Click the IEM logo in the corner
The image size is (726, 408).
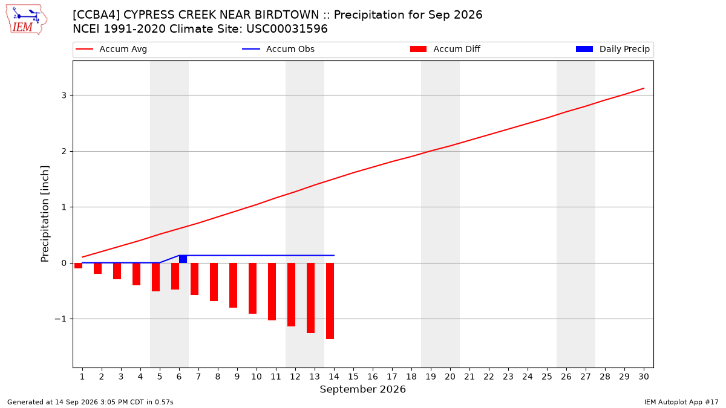click(26, 20)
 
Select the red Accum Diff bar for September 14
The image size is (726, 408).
click(330, 301)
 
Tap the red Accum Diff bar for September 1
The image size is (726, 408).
click(78, 265)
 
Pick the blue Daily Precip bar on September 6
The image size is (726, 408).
click(183, 259)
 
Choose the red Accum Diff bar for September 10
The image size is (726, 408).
click(252, 288)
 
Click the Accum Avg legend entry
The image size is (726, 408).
click(111, 49)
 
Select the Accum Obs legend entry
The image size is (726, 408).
click(278, 49)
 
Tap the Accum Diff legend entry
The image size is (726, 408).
click(445, 49)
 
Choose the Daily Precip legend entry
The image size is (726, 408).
click(612, 49)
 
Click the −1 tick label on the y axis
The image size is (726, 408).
click(60, 319)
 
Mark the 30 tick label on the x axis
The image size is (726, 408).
click(644, 377)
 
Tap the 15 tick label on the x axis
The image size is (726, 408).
click(353, 377)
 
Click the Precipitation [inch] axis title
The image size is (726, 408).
click(45, 214)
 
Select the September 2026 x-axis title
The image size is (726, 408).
click(362, 389)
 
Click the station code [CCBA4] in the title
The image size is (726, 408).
click(96, 15)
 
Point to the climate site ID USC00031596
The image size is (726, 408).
click(287, 29)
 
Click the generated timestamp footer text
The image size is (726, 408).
click(90, 402)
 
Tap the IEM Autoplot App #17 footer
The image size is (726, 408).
click(681, 402)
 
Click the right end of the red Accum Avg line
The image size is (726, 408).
click(644, 88)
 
